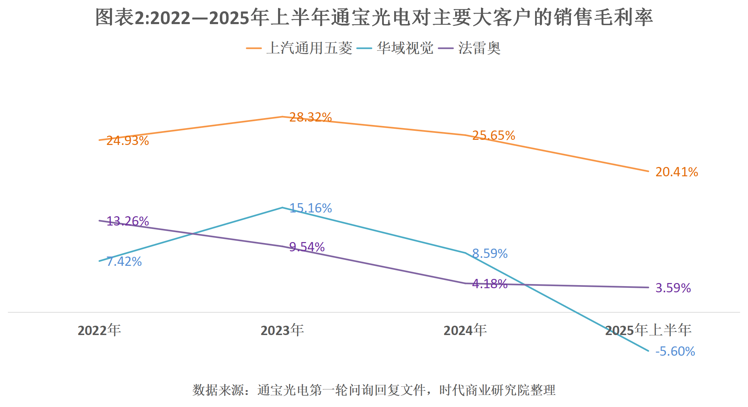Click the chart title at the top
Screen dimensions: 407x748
coord(374,17)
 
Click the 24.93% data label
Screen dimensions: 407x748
coord(127,141)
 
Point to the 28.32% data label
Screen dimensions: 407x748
coord(310,117)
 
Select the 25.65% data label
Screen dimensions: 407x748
coord(493,136)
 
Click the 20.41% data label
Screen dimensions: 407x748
coord(676,172)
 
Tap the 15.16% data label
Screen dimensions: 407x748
coord(310,208)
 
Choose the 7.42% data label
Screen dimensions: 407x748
coord(124,262)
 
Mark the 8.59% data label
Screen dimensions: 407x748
coord(490,254)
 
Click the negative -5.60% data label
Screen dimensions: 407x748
coord(675,352)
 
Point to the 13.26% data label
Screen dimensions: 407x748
coord(127,221)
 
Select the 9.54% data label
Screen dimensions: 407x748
coord(307,247)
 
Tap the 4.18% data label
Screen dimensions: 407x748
coord(490,284)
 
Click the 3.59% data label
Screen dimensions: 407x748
coord(673,288)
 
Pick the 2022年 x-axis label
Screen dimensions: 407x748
coord(99,330)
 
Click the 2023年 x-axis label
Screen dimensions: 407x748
coord(282,330)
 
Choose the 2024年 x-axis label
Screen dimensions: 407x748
coord(465,330)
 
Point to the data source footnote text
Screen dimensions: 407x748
coord(374,390)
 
